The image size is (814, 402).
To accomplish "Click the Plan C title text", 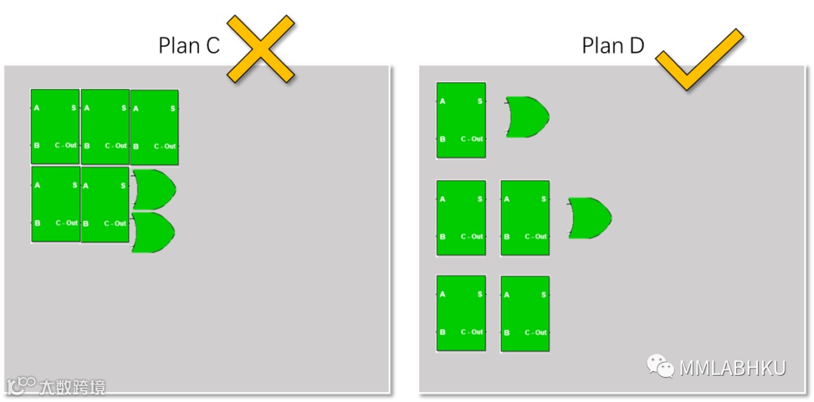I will coord(188,46).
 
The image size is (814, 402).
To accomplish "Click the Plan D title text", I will coord(613,46).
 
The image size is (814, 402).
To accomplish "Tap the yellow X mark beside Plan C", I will coord(261,48).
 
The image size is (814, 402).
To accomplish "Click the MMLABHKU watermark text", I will coord(733,368).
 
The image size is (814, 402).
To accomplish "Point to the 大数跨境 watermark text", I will coord(75,387).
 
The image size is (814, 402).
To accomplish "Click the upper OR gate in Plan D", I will coord(527,117).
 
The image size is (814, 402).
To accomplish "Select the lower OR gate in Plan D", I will coord(589,218).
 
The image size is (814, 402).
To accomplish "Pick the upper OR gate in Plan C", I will coord(153,189).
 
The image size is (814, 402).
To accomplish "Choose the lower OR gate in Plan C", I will coord(153,232).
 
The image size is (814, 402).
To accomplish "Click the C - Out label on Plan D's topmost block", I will coord(472,140).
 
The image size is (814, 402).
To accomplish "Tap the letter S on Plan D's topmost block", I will coord(480,101).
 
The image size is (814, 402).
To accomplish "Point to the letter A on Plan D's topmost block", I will coord(442,101).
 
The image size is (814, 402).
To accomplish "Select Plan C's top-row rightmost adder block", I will coord(155,127).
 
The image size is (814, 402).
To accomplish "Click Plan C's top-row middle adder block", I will coord(105,127).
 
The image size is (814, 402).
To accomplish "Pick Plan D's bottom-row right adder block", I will coord(525,314).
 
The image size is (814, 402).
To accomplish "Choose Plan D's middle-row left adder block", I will coord(461,218).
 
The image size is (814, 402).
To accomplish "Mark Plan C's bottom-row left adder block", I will coord(55,204).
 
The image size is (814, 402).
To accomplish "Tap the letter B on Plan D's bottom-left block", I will coord(442,332).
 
